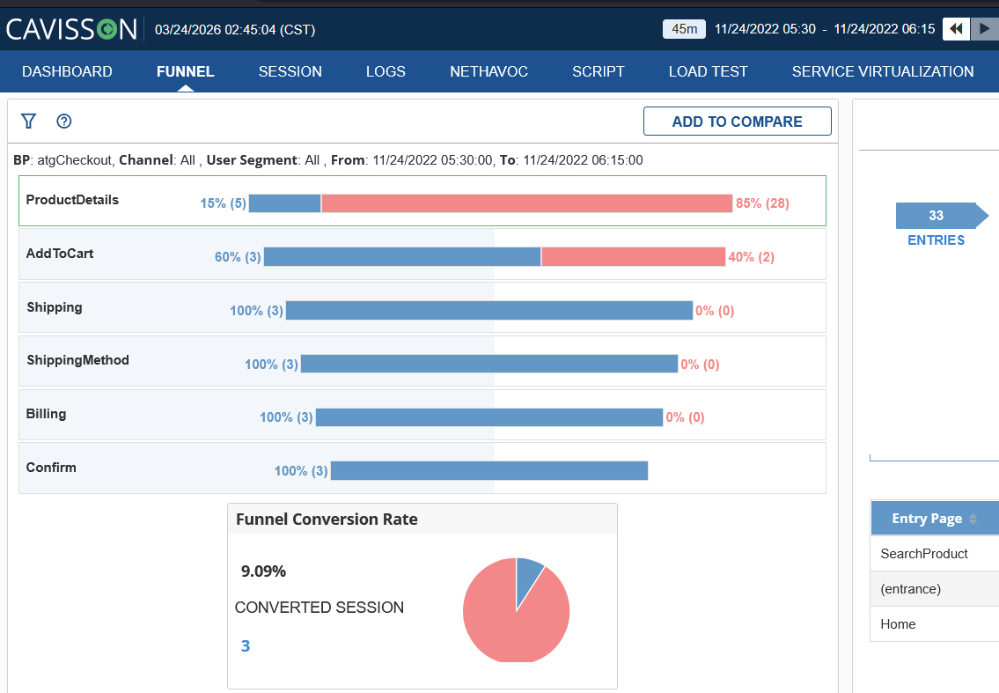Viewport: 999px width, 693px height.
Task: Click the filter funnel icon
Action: [29, 122]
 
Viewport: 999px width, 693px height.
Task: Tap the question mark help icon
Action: [63, 122]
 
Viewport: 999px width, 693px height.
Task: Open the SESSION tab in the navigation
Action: [290, 71]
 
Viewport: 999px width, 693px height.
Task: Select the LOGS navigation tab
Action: [386, 71]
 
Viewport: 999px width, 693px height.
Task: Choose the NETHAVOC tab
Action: [488, 71]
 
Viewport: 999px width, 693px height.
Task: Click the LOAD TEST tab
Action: [708, 71]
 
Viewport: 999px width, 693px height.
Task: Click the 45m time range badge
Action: [684, 29]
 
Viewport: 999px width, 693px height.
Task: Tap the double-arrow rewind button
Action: [956, 29]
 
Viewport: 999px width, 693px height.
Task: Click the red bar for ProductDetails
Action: [527, 203]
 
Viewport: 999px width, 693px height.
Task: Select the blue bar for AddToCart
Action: [402, 257]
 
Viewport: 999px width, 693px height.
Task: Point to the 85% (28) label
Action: [762, 203]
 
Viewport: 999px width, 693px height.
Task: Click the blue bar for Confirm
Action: [489, 470]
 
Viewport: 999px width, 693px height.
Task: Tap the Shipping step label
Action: [55, 307]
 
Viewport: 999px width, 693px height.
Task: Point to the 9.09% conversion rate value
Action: [263, 571]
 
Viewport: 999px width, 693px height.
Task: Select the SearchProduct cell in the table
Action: [924, 553]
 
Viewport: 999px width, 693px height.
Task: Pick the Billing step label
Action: [46, 414]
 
